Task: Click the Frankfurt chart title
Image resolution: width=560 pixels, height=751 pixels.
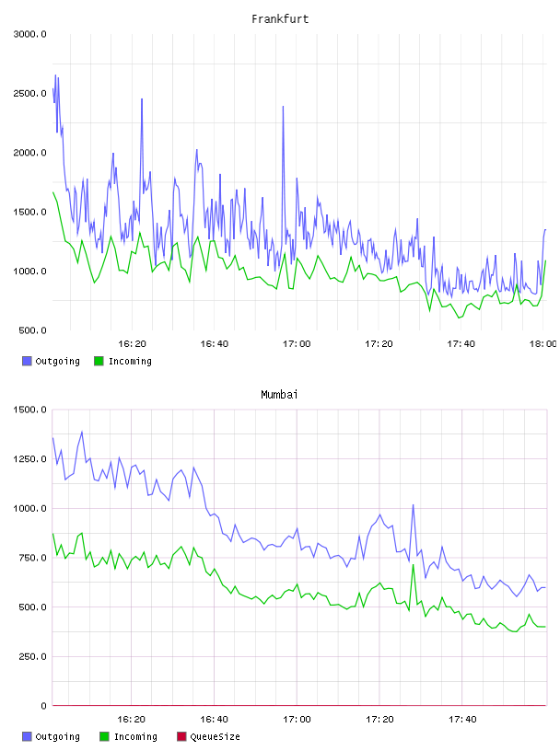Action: click(x=280, y=19)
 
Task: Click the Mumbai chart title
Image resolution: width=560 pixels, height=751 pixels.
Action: click(x=279, y=395)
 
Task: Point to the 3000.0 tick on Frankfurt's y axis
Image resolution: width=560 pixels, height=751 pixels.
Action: click(x=30, y=34)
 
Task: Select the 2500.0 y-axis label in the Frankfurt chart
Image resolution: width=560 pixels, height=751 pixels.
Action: click(x=30, y=93)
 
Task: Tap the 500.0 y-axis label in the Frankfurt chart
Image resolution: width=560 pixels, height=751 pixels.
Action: click(x=33, y=330)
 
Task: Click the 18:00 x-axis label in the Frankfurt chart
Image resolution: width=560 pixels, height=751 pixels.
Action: click(x=543, y=344)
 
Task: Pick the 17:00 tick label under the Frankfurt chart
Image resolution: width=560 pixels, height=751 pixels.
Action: click(x=297, y=344)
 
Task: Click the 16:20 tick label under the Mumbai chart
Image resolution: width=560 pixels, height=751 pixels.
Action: click(x=132, y=720)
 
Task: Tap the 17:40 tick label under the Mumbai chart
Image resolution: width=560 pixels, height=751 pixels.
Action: click(x=462, y=720)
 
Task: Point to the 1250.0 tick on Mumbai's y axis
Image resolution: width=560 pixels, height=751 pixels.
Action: click(x=30, y=459)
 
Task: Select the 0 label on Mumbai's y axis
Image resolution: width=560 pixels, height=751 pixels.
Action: click(x=43, y=706)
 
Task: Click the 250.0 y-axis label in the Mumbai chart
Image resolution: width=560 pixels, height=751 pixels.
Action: click(x=33, y=656)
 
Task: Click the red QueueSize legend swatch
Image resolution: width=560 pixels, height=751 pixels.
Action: click(x=181, y=736)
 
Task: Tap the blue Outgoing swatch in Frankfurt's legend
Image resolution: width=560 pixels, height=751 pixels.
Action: click(x=27, y=361)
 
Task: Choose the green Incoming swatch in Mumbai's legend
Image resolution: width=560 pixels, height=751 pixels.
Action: click(x=104, y=736)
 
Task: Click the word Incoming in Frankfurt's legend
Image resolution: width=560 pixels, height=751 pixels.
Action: click(x=130, y=362)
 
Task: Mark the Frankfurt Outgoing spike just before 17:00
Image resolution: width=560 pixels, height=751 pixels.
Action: click(x=283, y=107)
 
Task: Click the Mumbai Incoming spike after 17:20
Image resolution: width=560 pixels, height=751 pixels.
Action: click(x=413, y=565)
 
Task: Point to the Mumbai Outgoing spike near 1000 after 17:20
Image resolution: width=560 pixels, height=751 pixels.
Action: click(x=413, y=505)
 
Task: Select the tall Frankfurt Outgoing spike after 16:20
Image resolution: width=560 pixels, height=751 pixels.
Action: click(x=142, y=99)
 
